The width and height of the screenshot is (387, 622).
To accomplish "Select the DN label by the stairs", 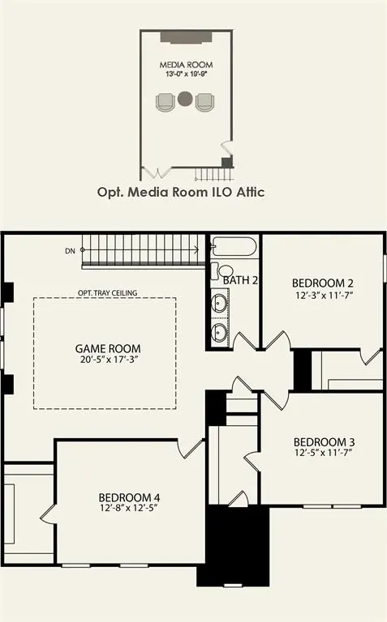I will coord(70,252).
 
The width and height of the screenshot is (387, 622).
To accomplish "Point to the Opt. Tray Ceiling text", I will coord(107,292).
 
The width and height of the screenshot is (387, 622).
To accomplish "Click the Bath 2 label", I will coord(240,280).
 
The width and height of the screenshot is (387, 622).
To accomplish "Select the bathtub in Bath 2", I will coord(234,247).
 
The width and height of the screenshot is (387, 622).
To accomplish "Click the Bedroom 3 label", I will coord(324,443).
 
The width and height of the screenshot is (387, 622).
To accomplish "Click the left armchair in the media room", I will coord(165,102).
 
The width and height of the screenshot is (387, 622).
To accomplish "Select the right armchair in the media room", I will coord(204,102).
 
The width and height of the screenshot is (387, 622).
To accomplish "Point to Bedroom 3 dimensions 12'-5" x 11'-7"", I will coord(324,454).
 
